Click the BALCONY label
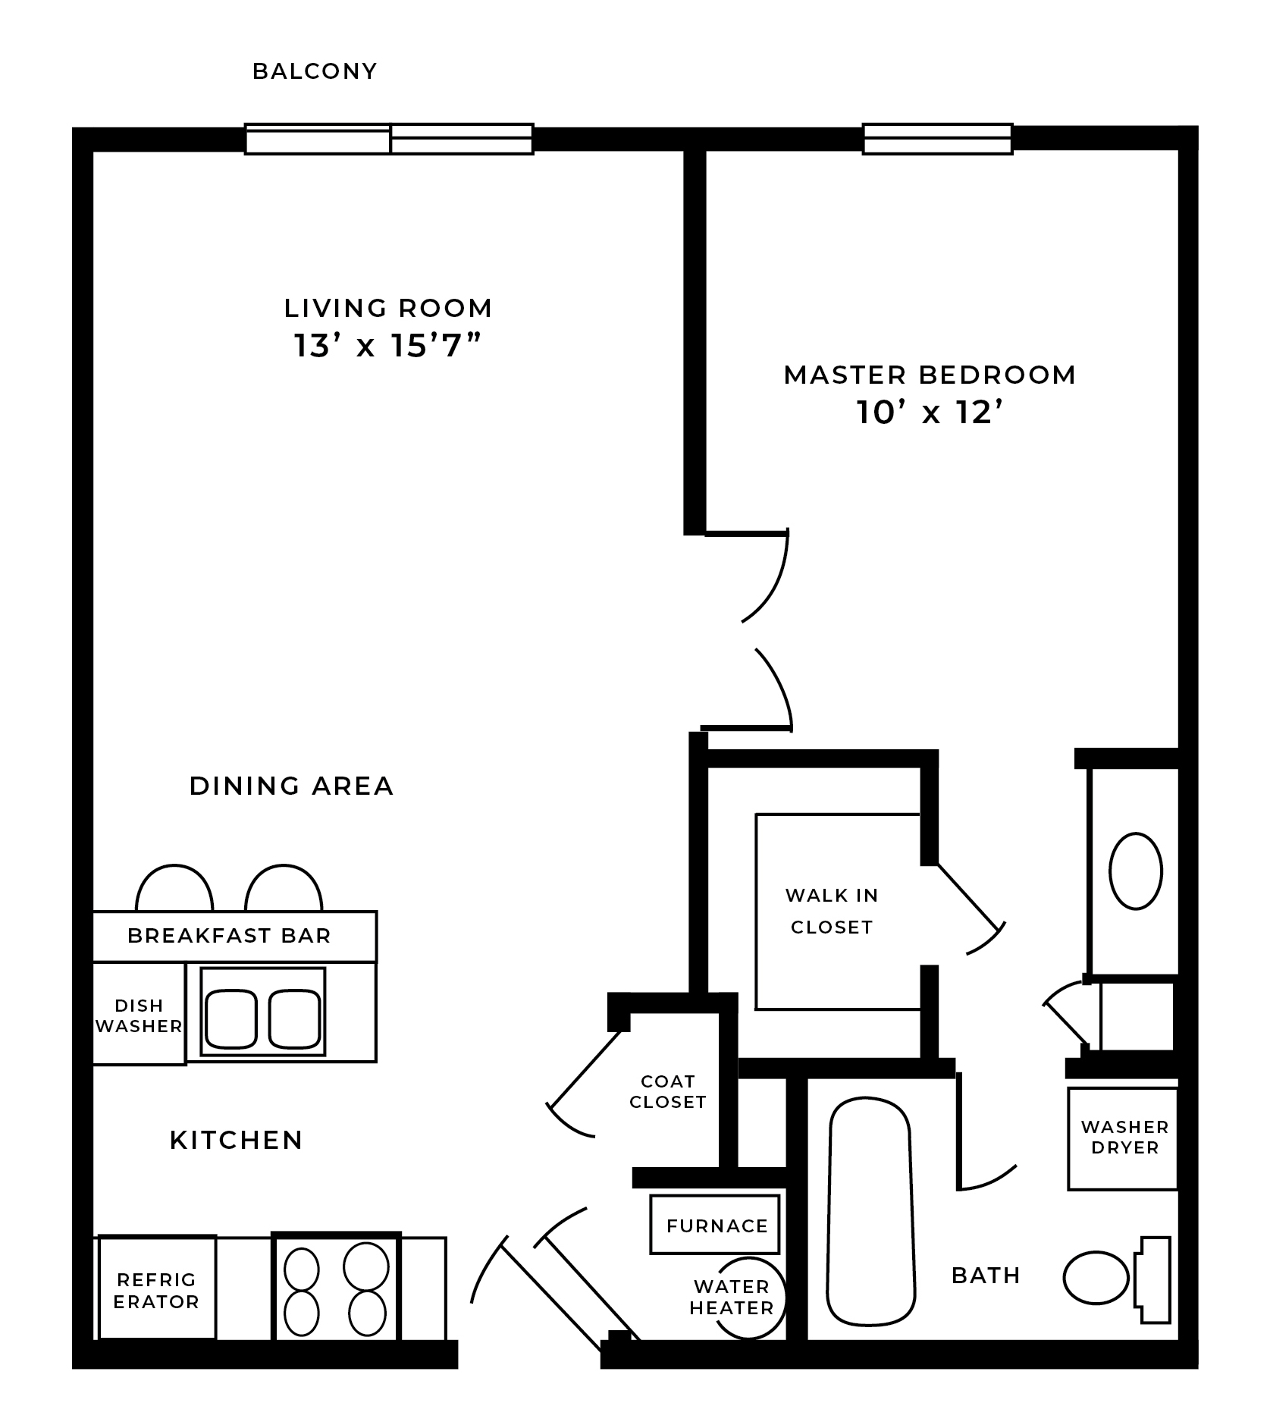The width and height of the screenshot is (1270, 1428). [x=314, y=71]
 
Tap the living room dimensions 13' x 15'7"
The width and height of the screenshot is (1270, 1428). [x=387, y=346]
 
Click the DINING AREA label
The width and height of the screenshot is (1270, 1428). [x=291, y=786]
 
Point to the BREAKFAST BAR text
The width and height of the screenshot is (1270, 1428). [x=229, y=935]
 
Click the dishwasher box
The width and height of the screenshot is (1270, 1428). [x=139, y=1015]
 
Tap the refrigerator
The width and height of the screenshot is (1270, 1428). [x=156, y=1291]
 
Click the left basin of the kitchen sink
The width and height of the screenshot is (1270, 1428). [x=231, y=1018]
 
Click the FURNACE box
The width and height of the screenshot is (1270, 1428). [x=716, y=1226]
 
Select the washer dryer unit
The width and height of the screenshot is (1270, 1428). [x=1124, y=1138]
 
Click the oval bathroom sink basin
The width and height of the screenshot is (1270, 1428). [x=1135, y=871]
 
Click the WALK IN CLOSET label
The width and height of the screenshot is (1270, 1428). [x=832, y=911]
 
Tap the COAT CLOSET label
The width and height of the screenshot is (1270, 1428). [x=667, y=1091]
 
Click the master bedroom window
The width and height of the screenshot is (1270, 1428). [x=937, y=139]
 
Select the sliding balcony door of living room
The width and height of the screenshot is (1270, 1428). [x=389, y=139]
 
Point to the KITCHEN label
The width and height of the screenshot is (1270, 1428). [x=236, y=1140]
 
